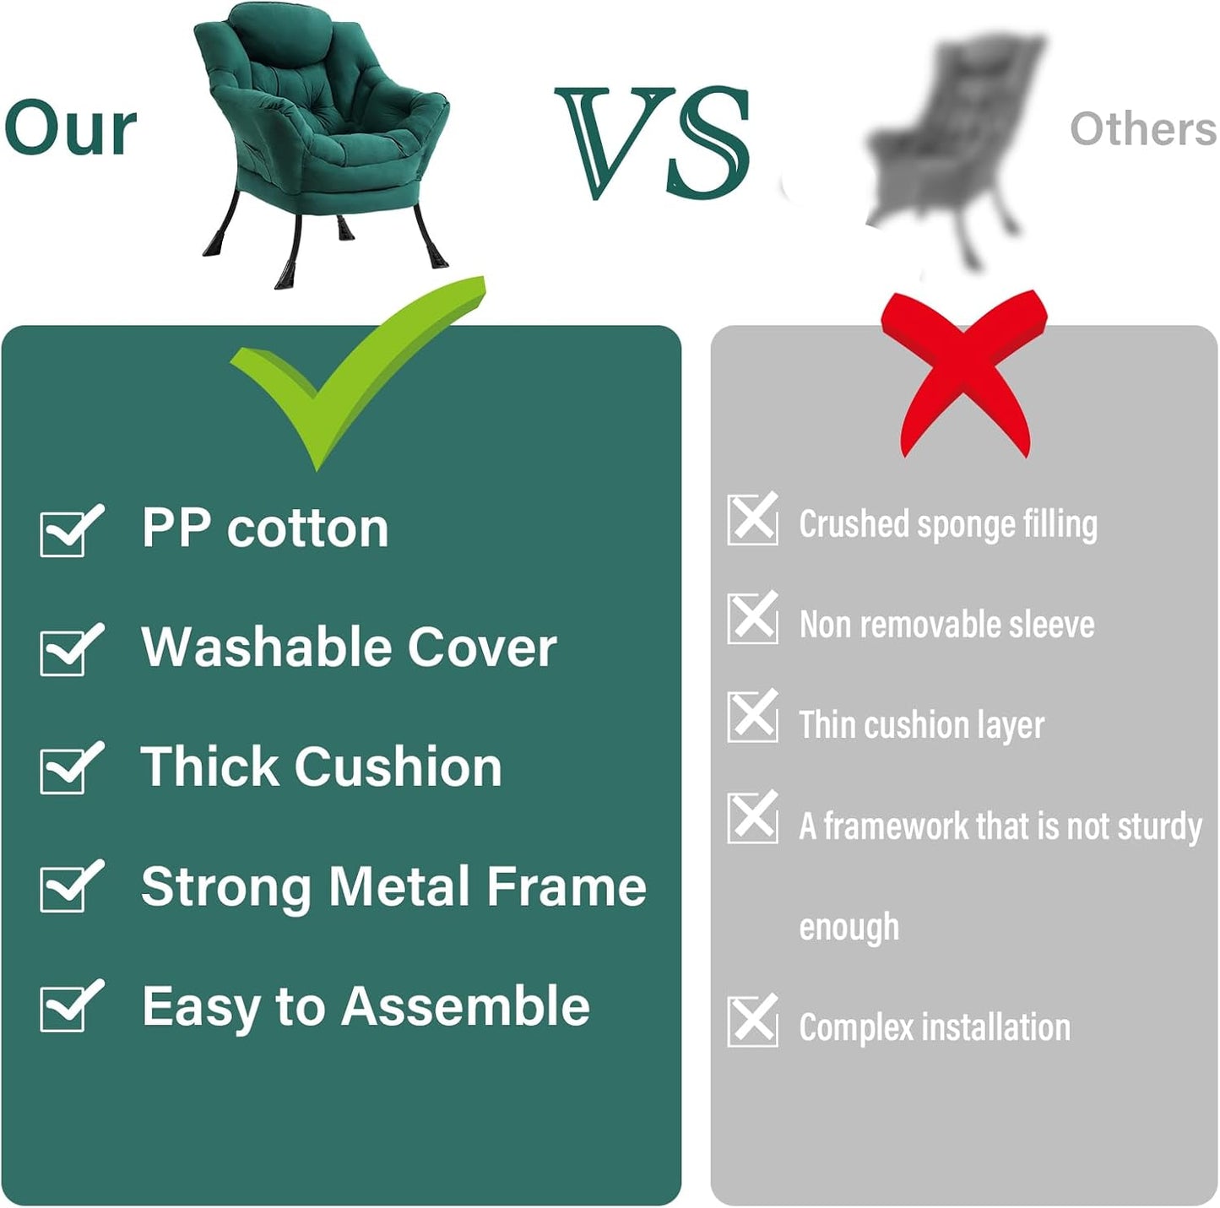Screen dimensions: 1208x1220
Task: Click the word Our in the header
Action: pos(70,128)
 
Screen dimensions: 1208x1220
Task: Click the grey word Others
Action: pos(1142,129)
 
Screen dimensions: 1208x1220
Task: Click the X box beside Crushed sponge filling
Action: pos(752,519)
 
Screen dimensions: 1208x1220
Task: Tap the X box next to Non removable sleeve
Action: pos(752,618)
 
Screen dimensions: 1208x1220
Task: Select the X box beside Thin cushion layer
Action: pos(752,717)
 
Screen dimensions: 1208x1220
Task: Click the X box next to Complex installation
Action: pos(752,1021)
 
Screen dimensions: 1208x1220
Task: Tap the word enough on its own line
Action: pos(849,928)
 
